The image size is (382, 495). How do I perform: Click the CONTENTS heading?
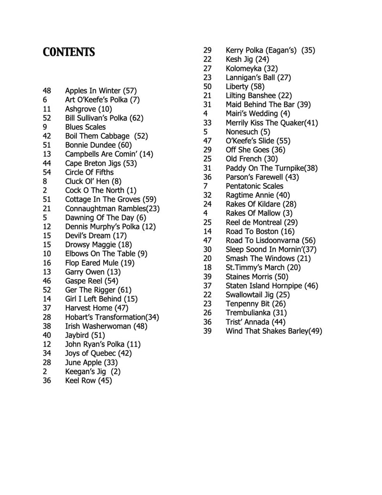[x=69, y=52]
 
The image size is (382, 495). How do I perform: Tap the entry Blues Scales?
[x=85, y=127]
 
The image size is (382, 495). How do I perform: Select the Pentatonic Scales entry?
[x=255, y=186]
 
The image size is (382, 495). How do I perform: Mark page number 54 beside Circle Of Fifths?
[x=47, y=172]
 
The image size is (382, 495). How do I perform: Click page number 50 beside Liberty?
[x=207, y=87]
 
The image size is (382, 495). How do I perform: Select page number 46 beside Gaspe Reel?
[x=47, y=281]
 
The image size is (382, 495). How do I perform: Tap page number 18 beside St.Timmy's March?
[x=207, y=267]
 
